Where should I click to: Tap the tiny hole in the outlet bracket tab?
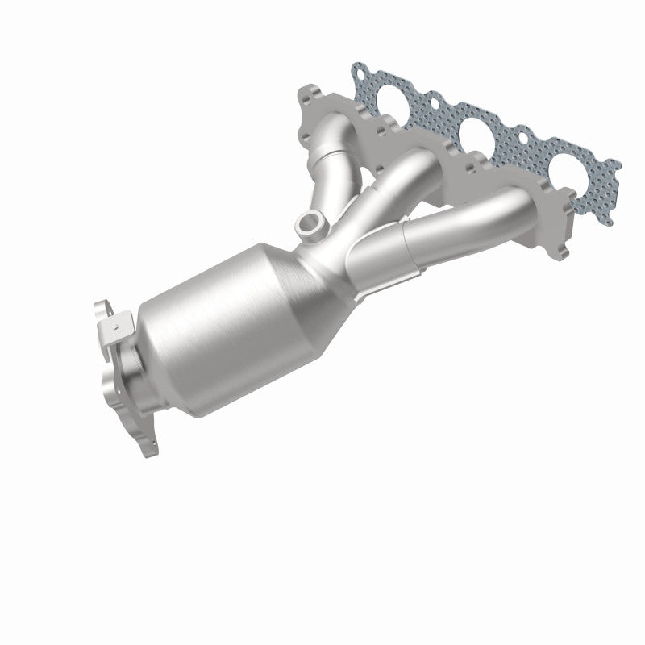click(x=116, y=327)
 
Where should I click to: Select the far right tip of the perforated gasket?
click(x=616, y=164)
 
